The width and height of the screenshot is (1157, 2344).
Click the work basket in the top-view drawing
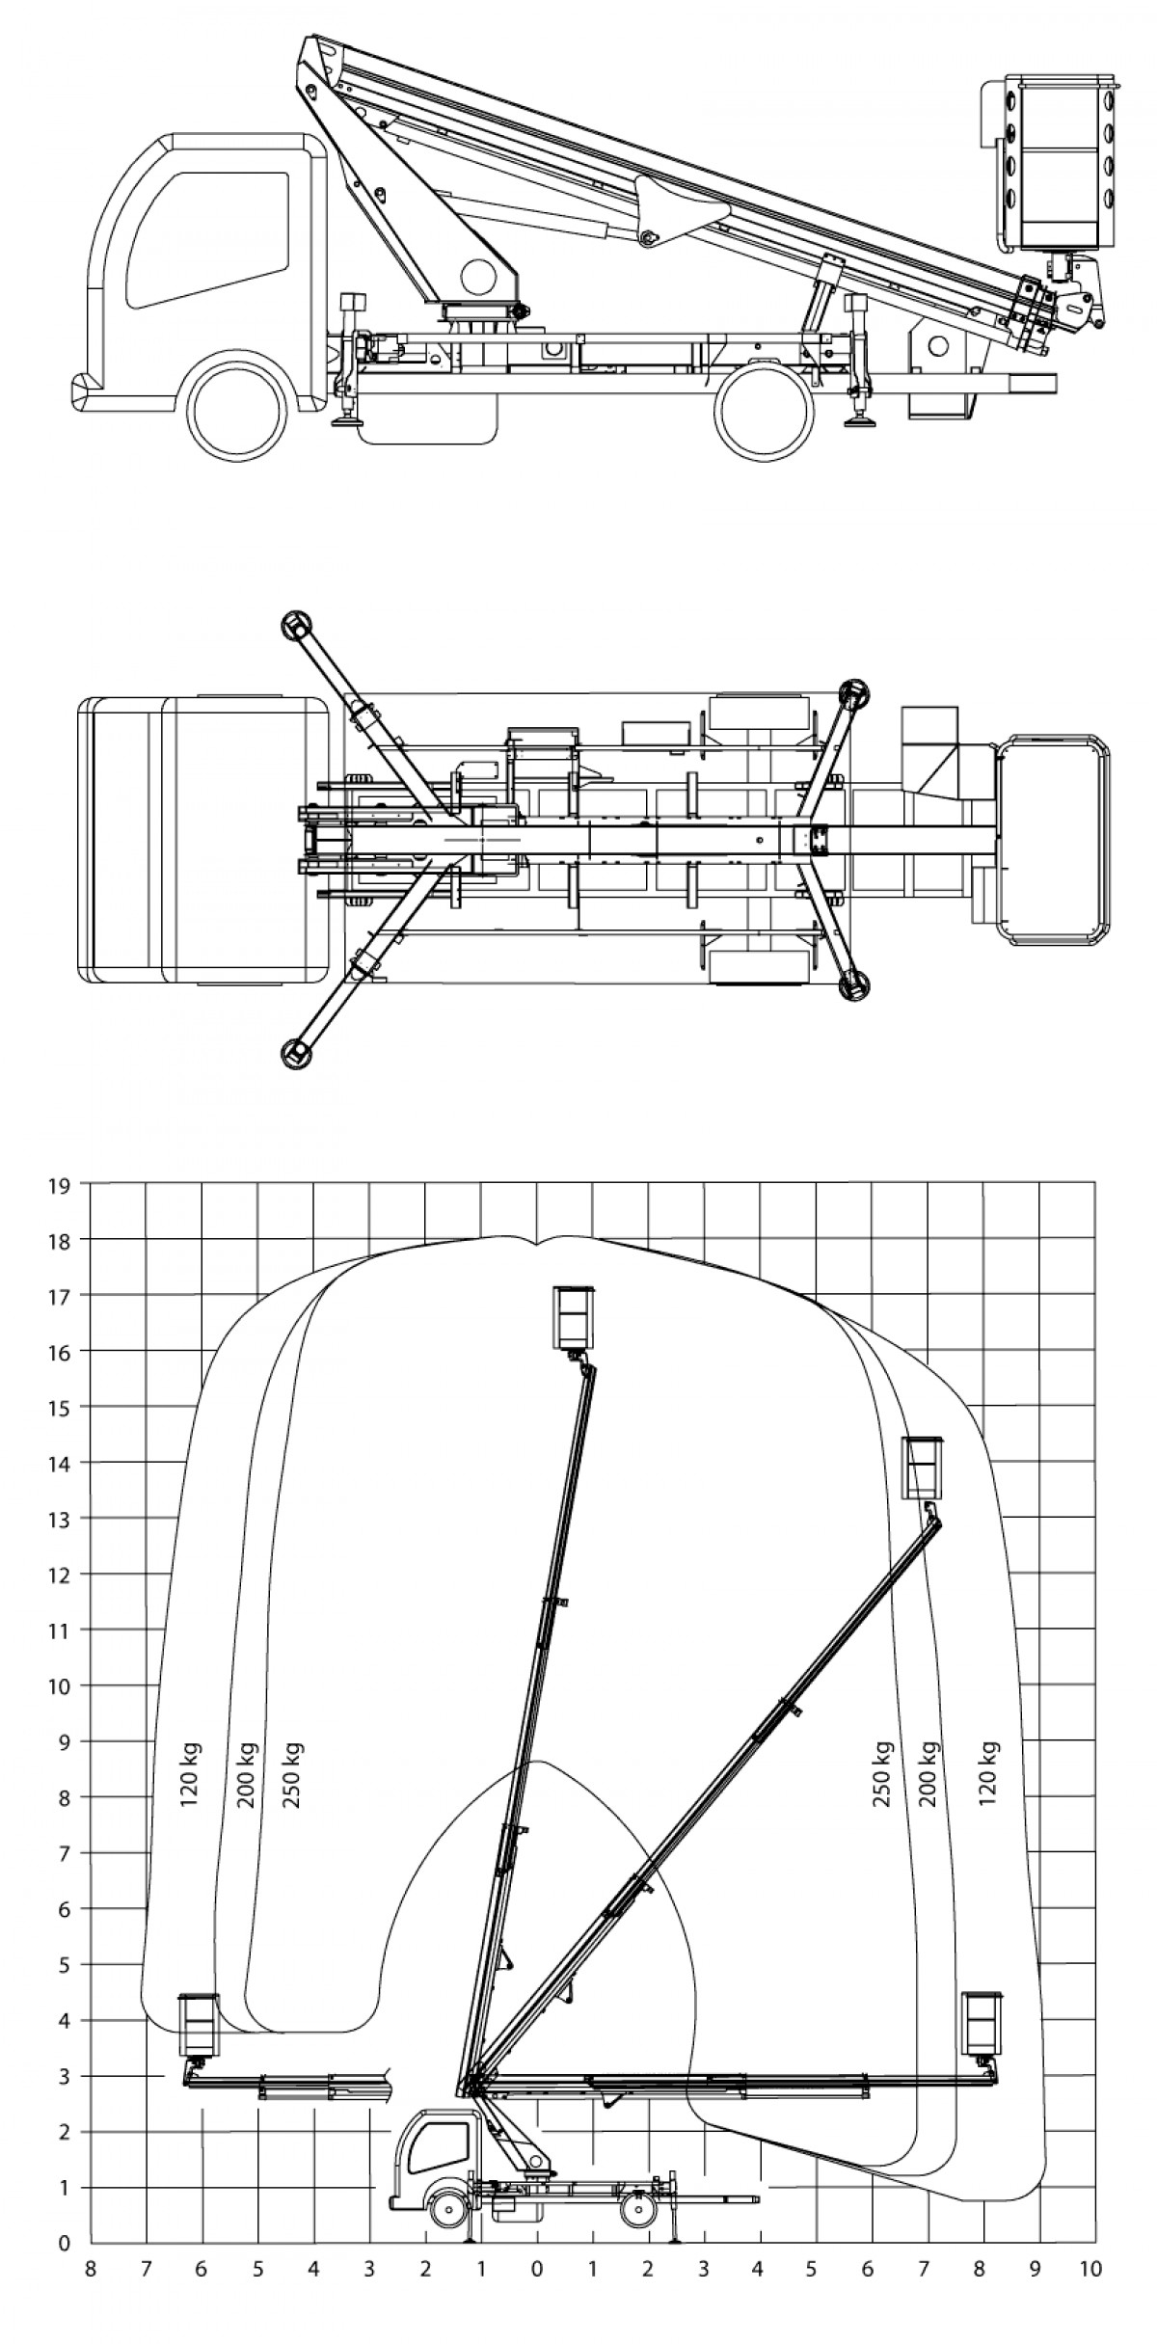[1055, 838]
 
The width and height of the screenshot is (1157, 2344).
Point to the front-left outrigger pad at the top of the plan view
[296, 626]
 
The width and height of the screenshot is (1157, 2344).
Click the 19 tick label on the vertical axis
[60, 1186]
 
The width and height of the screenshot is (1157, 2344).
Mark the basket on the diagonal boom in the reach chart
[923, 1468]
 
